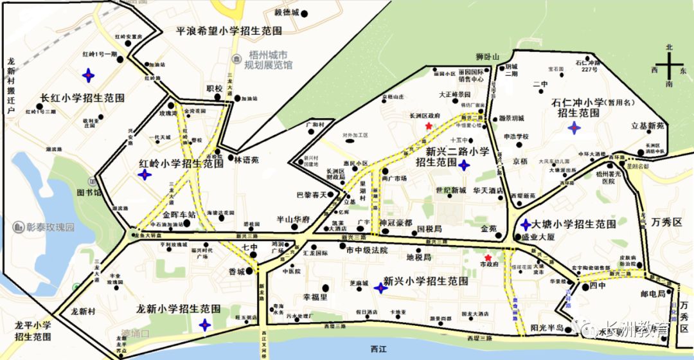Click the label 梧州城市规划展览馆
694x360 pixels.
coord(269,60)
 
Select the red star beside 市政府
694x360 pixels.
coord(488,258)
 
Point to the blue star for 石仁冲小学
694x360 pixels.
coord(574,129)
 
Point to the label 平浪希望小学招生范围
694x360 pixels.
coord(229,30)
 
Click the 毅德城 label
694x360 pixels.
coord(287,13)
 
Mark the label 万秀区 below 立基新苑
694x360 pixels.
coord(666,222)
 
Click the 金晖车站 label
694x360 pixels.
coord(179,215)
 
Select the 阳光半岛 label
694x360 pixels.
coord(547,328)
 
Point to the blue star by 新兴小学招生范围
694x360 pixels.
coord(381,289)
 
